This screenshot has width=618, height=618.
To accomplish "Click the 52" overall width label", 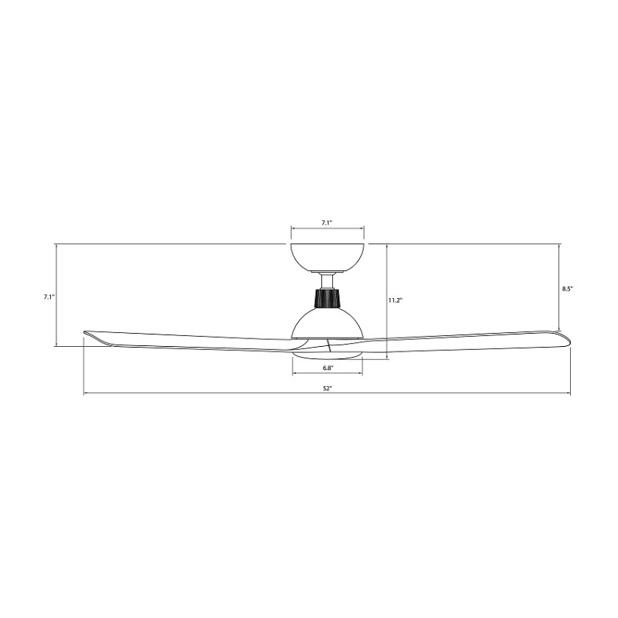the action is (328, 389).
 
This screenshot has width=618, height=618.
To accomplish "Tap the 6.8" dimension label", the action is (328, 368).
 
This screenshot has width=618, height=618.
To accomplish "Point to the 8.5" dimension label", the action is (568, 288).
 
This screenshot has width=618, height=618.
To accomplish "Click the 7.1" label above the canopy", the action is (327, 222).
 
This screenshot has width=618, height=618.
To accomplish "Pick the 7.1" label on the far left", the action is (49, 297).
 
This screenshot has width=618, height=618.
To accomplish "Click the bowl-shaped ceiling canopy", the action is (327, 258).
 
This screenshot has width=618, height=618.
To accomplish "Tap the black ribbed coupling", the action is (327, 297).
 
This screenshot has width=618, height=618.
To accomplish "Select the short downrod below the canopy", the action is (327, 281).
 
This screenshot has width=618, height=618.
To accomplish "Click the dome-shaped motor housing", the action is (327, 323).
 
